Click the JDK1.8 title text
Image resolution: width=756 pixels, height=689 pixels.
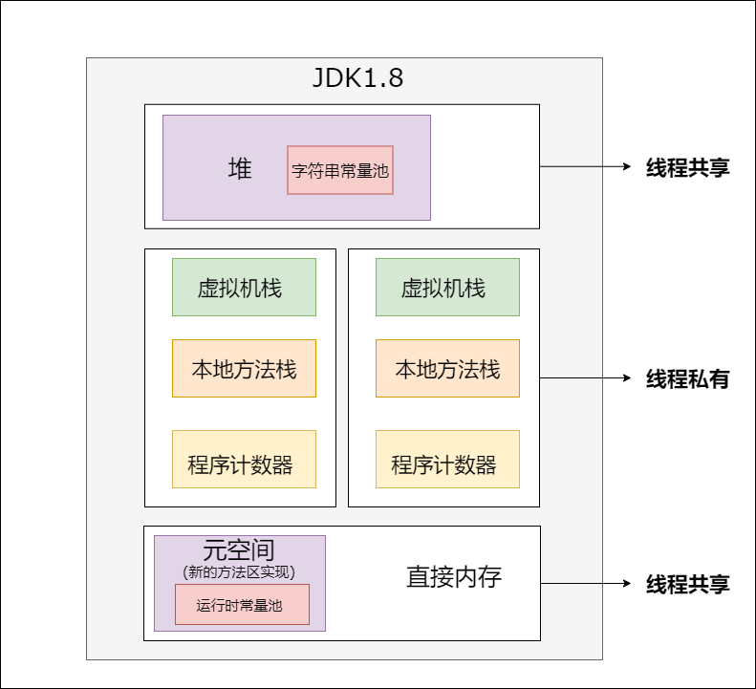358,78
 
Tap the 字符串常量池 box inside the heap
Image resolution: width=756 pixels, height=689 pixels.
340,170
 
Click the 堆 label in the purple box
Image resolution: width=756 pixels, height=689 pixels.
240,169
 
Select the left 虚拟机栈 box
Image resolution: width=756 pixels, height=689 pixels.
244,287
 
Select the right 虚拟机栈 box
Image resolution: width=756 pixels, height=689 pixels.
447,287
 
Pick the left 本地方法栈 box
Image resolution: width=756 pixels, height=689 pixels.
244,368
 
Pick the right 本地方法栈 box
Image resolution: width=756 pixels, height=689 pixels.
447,368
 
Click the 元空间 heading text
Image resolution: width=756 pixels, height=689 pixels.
239,550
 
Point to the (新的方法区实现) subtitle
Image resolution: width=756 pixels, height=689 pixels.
239,571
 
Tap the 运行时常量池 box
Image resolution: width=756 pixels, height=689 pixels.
242,604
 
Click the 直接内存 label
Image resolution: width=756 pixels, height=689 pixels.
454,577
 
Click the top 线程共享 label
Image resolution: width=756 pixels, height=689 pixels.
688,168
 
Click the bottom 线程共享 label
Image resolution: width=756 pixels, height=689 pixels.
688,584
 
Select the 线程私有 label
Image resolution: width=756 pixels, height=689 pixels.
688,378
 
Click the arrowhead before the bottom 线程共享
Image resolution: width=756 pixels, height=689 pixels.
627,583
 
